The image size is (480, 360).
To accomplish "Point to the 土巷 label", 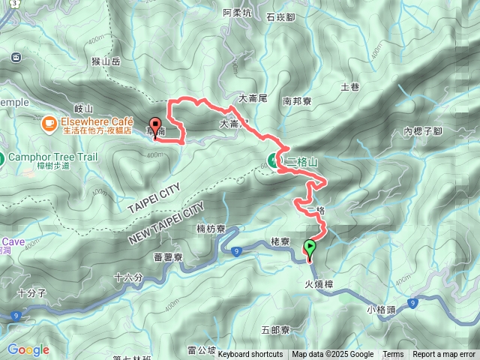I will (x=349, y=87).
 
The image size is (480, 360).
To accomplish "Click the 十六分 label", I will (x=128, y=277).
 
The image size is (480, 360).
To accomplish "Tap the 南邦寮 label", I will (x=297, y=100).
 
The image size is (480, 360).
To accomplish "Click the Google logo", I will (x=28, y=349).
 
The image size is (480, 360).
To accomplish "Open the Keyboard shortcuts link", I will (x=250, y=355).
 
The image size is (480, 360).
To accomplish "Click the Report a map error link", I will (x=444, y=355).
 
